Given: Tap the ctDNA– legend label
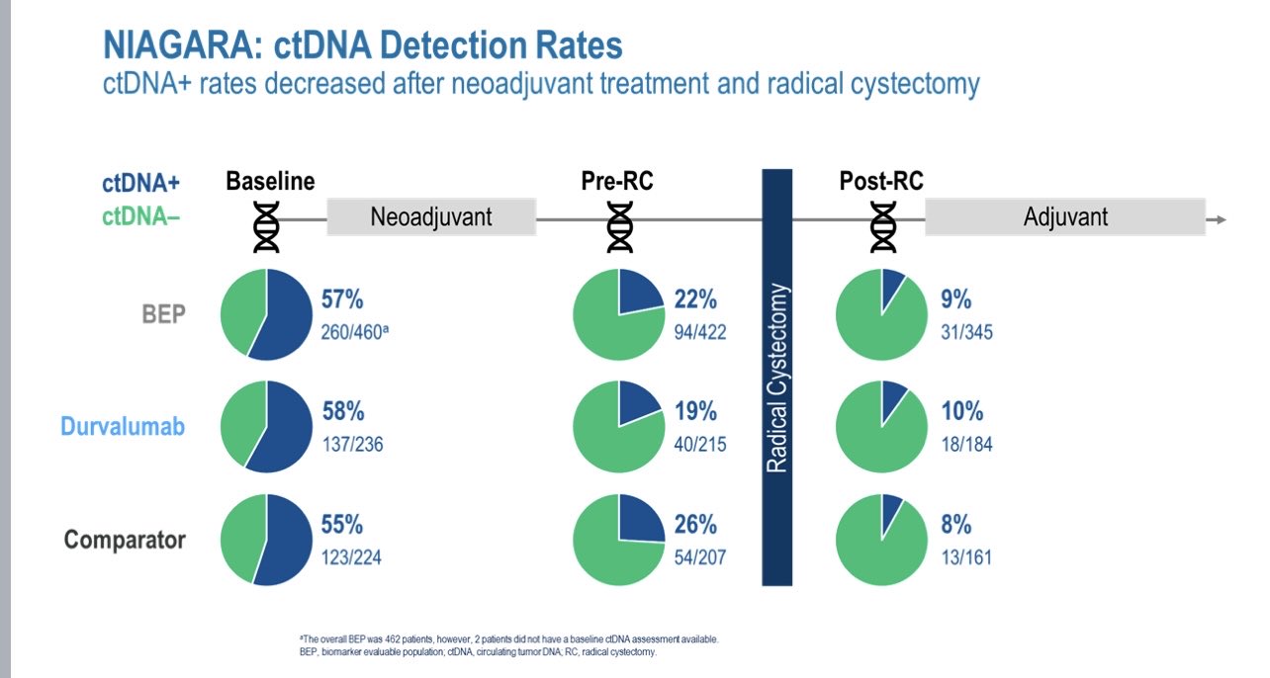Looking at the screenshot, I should (140, 216).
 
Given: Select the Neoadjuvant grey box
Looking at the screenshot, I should (431, 217).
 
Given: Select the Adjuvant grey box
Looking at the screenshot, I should (1065, 217).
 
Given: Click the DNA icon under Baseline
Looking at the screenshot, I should (267, 228).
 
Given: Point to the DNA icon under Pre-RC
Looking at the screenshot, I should (620, 228).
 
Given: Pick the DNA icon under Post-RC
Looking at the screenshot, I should (883, 228).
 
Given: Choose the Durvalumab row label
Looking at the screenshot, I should (123, 427).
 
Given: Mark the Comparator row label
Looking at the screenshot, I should (125, 540).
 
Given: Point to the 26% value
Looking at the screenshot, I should (695, 524).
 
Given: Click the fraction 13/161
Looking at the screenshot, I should (966, 557).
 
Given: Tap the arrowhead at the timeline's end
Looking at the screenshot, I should (1222, 218).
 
